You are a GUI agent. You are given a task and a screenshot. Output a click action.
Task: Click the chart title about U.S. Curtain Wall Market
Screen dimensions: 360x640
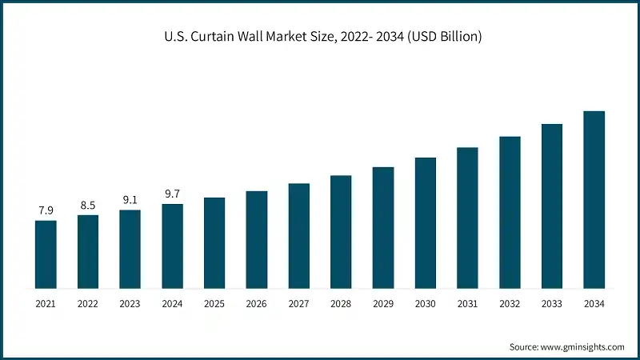point(320,37)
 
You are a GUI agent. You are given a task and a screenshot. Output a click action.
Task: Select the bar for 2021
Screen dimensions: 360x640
point(46,254)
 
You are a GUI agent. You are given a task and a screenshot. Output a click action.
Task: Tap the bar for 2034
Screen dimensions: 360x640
point(594,199)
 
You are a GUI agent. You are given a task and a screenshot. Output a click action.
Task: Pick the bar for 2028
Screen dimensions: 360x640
point(341,231)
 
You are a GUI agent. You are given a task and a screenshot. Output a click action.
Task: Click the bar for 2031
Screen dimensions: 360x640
point(467,218)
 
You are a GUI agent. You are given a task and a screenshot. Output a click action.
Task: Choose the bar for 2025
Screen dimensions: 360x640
point(214,242)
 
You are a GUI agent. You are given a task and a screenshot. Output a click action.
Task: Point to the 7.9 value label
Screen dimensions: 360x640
point(46,210)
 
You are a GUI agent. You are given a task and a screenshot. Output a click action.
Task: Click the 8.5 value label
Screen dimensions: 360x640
point(88,205)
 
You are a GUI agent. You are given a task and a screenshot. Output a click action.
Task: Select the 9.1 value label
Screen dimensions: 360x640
point(130,200)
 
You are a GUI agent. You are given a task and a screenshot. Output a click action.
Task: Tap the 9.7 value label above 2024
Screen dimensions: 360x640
point(172,194)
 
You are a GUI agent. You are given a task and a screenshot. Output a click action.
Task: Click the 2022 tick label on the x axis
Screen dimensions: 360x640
point(88,304)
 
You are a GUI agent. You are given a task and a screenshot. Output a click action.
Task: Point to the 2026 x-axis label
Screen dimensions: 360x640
point(256,304)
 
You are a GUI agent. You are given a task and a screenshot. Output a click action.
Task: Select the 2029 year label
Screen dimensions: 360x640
point(383,304)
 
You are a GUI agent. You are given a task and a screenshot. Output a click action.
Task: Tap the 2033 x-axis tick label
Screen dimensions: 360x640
point(551,304)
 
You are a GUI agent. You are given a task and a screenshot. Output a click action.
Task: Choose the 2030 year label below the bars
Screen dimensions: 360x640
point(425,304)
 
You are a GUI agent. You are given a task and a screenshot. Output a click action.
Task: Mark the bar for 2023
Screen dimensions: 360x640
point(130,249)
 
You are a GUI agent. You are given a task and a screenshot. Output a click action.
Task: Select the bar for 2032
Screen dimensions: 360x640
point(510,212)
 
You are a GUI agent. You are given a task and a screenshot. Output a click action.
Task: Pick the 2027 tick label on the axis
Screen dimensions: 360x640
point(298,304)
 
